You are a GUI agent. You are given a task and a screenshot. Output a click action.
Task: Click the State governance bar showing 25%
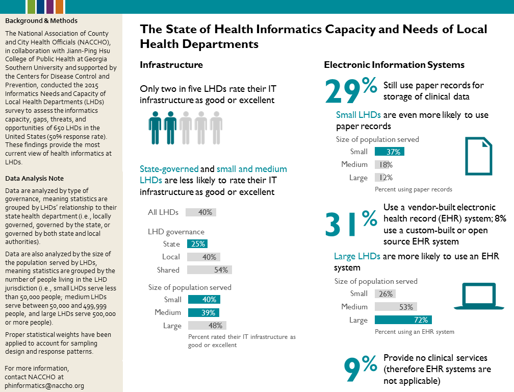point(197,244)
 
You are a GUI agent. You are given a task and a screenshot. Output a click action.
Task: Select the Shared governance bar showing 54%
point(210,270)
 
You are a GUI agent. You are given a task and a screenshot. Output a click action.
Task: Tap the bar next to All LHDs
point(201,212)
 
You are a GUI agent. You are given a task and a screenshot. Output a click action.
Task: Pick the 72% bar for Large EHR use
point(403,320)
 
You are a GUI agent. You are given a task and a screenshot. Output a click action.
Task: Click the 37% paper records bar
point(390,152)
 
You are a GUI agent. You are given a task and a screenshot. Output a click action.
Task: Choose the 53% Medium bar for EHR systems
point(396,307)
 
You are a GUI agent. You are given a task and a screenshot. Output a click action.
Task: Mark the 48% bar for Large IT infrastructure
point(207,326)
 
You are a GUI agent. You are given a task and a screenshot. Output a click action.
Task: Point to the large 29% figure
point(351,90)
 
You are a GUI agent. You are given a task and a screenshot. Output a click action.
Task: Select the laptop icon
point(479,296)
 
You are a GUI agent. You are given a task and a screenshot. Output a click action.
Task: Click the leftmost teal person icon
point(155,128)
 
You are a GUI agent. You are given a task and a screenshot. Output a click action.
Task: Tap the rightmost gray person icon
point(216,128)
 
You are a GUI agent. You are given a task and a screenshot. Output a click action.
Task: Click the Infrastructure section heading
point(171,65)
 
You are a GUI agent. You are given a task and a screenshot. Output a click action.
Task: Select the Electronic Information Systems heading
point(394,65)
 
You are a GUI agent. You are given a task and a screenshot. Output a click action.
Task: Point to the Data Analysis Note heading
point(35,178)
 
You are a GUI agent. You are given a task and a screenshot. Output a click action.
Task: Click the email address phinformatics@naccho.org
point(44,386)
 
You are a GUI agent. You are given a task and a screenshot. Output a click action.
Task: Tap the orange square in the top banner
point(59,7)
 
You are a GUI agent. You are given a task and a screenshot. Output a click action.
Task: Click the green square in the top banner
point(31,7)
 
